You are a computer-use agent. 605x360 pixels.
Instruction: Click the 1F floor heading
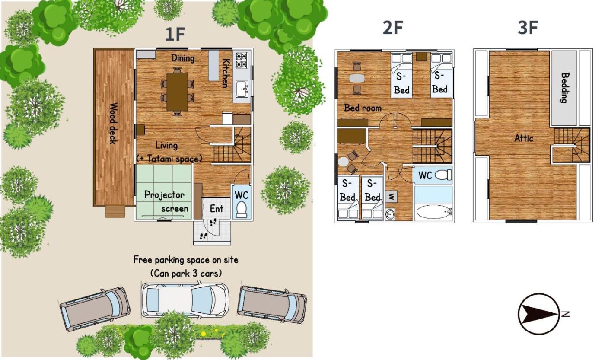point(175,34)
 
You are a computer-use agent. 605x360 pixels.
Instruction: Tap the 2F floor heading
point(393,28)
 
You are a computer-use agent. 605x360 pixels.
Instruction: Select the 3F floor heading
point(528,28)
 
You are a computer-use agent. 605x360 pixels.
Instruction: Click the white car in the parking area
point(185,300)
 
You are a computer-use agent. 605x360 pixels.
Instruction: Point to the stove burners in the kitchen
point(241,60)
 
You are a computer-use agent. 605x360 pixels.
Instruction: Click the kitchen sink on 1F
point(242,89)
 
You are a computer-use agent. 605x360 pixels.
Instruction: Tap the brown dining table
point(177,92)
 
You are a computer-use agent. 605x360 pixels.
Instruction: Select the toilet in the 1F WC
point(242,210)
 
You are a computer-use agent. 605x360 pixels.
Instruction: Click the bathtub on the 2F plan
point(433,212)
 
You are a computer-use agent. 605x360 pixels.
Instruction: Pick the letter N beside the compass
point(566,314)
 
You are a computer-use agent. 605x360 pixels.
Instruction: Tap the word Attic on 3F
point(524,138)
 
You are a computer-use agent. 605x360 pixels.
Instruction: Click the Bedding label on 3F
point(565,87)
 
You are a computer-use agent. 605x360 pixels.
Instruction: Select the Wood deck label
point(113,124)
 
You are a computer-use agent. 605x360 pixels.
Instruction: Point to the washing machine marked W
point(391,196)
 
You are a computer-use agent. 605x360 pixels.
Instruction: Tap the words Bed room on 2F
point(363,108)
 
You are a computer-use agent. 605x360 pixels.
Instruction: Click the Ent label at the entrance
point(217,208)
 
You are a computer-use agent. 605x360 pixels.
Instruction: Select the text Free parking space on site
point(186,260)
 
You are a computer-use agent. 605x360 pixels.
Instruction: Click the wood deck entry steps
point(115,211)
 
